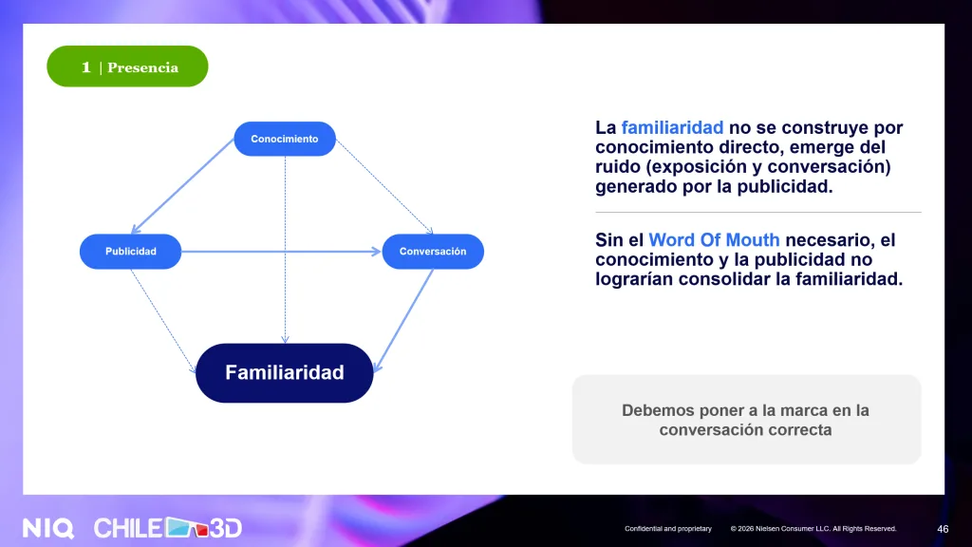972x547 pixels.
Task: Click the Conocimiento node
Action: pyautogui.click(x=285, y=139)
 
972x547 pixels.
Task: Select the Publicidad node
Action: pyautogui.click(x=130, y=251)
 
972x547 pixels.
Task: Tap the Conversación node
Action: pyautogui.click(x=433, y=251)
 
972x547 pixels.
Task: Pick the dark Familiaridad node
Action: pyautogui.click(x=285, y=372)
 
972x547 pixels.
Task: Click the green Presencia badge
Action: pyautogui.click(x=127, y=66)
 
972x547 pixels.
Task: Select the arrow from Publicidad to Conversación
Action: pyautogui.click(x=281, y=251)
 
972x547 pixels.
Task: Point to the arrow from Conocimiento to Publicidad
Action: pyautogui.click(x=183, y=186)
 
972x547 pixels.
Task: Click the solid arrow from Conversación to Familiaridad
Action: pyautogui.click(x=403, y=321)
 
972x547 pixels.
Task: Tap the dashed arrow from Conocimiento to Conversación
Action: pyautogui.click(x=384, y=187)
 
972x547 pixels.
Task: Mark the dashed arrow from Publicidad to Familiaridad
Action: pyautogui.click(x=163, y=321)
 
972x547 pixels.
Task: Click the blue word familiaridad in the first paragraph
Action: pyautogui.click(x=672, y=128)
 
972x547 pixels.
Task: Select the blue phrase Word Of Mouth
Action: pyautogui.click(x=714, y=240)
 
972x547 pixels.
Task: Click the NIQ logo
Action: pyautogui.click(x=48, y=528)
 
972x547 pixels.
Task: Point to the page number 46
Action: pyautogui.click(x=943, y=529)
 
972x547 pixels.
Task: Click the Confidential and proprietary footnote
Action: pyautogui.click(x=667, y=529)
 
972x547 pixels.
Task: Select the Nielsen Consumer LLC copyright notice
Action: pyautogui.click(x=813, y=529)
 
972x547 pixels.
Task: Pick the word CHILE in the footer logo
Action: pyautogui.click(x=128, y=528)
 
